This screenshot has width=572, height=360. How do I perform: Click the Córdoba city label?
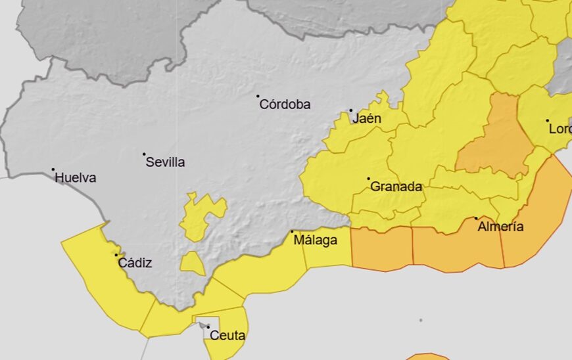285,104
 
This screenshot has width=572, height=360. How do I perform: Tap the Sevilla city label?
165,162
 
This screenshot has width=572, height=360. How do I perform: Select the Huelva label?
76,177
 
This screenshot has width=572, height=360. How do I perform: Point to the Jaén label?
367,119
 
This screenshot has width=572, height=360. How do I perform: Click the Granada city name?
396,187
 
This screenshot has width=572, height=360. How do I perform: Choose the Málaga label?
315,240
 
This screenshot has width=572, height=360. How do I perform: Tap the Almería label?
501,227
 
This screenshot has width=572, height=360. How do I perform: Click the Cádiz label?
135,263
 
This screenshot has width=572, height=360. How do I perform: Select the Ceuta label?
227,336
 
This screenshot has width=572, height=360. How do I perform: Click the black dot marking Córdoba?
258,96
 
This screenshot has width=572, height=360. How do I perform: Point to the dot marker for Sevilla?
144,154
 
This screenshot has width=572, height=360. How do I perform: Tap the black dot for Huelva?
53,169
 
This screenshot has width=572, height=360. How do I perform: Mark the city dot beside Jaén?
350,111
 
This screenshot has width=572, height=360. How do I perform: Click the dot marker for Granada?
368,179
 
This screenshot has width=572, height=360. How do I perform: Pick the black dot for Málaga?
292,231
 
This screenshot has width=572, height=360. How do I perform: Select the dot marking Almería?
477,218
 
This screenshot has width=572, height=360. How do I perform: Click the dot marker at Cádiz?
116,255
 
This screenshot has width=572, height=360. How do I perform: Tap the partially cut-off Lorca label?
560,129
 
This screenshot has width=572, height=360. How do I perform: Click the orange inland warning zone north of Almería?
497,138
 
